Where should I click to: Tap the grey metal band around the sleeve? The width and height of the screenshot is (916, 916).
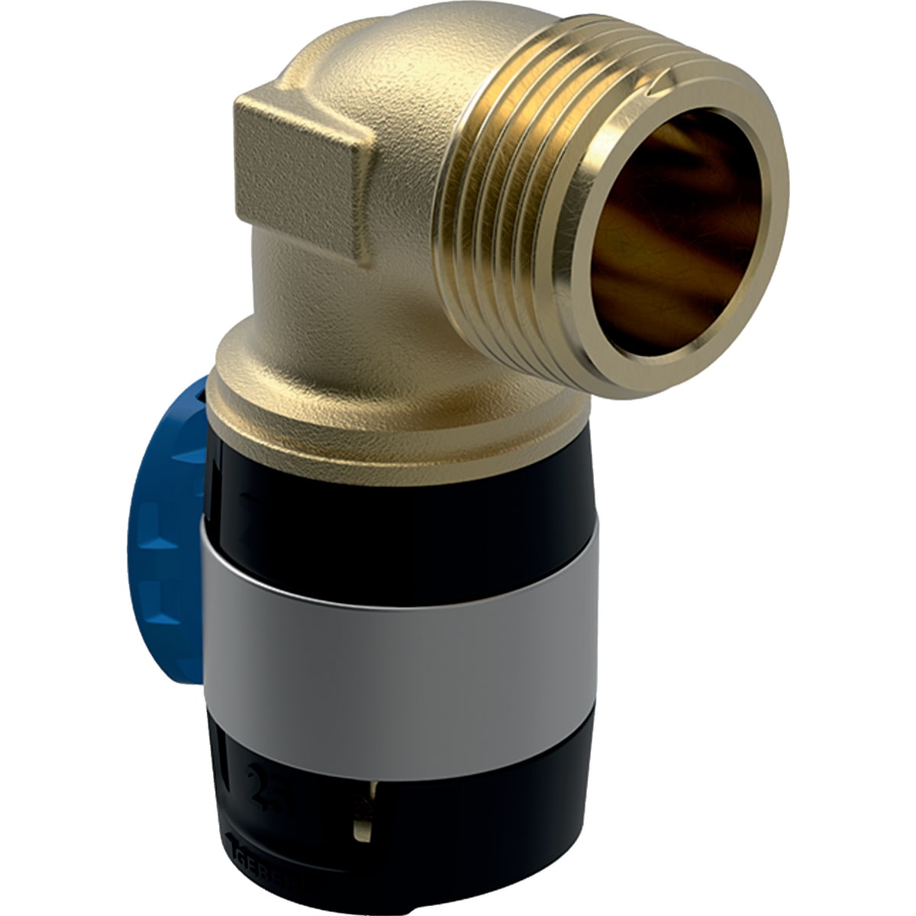point(397,618)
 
